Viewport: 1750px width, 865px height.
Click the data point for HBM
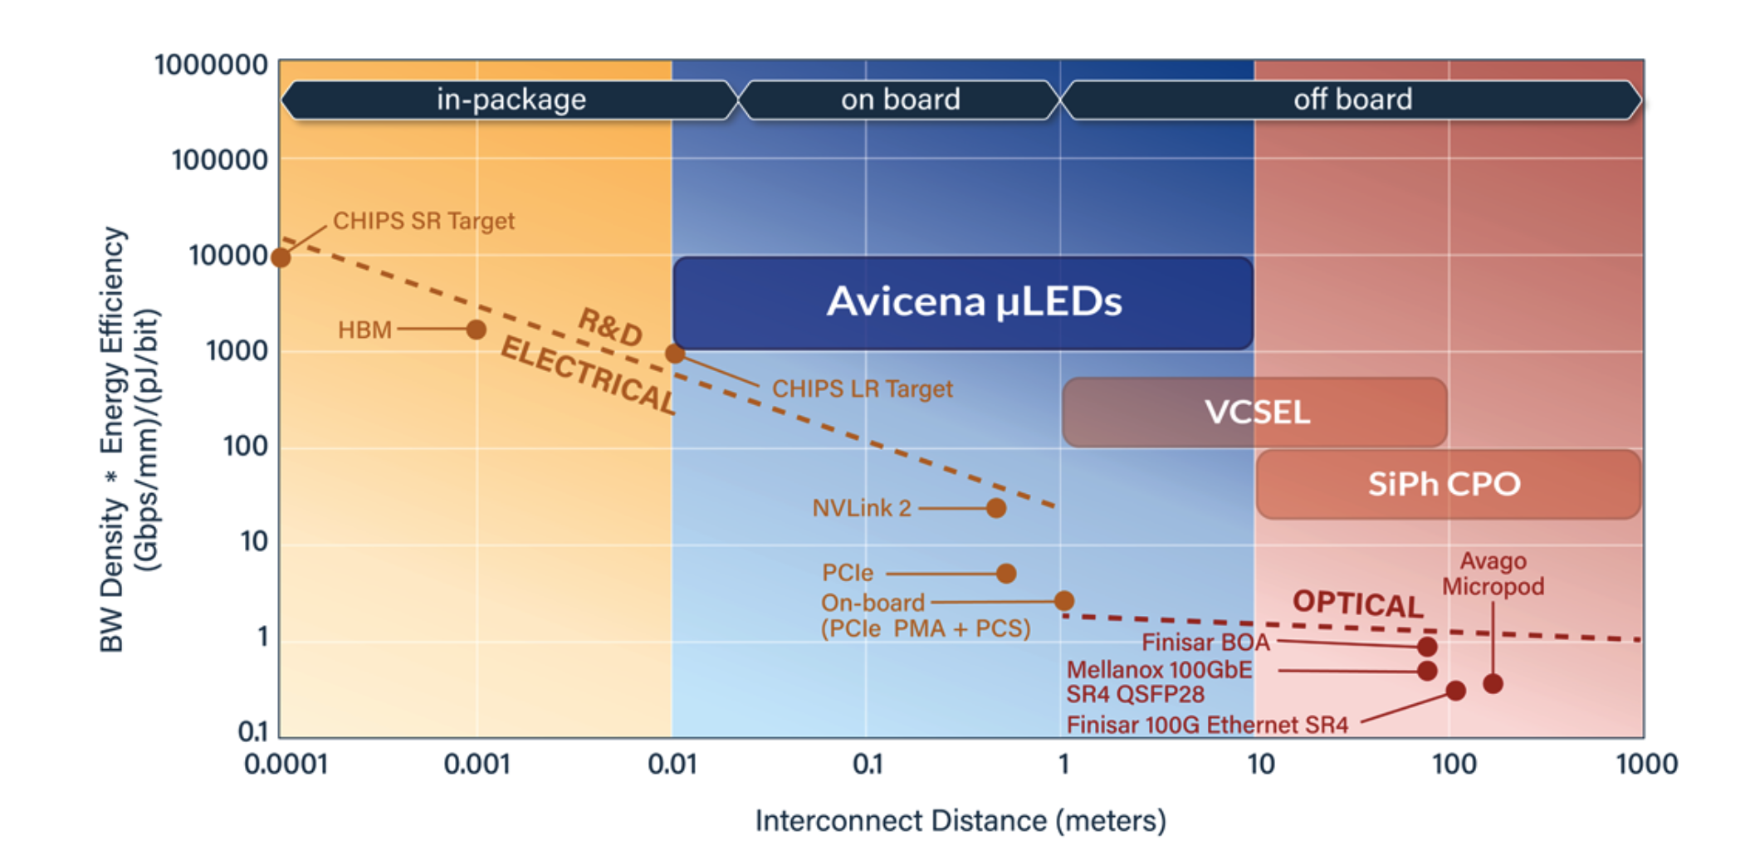[x=476, y=330]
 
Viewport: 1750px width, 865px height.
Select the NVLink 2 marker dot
[x=996, y=508]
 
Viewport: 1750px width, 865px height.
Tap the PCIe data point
[x=1006, y=573]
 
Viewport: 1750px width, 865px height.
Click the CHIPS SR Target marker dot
[x=281, y=257]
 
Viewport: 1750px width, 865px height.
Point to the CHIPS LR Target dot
[x=675, y=354]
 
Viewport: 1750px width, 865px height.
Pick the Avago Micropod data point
[x=1493, y=684]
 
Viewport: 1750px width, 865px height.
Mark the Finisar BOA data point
[x=1427, y=646]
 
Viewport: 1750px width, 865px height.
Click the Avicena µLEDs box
[x=963, y=302]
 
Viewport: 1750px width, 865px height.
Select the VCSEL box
[x=1254, y=413]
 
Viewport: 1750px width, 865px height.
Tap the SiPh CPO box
[x=1447, y=484]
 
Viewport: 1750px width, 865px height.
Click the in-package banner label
[x=511, y=100]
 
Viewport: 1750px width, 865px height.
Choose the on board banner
[x=900, y=100]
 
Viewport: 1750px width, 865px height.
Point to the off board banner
[x=1352, y=100]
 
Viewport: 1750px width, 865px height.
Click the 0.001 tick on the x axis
[x=477, y=764]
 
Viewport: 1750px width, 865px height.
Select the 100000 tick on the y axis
[x=219, y=159]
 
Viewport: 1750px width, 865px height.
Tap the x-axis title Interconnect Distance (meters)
[x=961, y=821]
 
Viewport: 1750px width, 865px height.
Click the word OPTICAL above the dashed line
[x=1357, y=604]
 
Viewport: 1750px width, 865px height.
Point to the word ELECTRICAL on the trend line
[x=588, y=375]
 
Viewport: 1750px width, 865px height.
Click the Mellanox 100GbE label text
[x=1159, y=670]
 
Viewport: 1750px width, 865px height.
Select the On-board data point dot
[x=1064, y=601]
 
